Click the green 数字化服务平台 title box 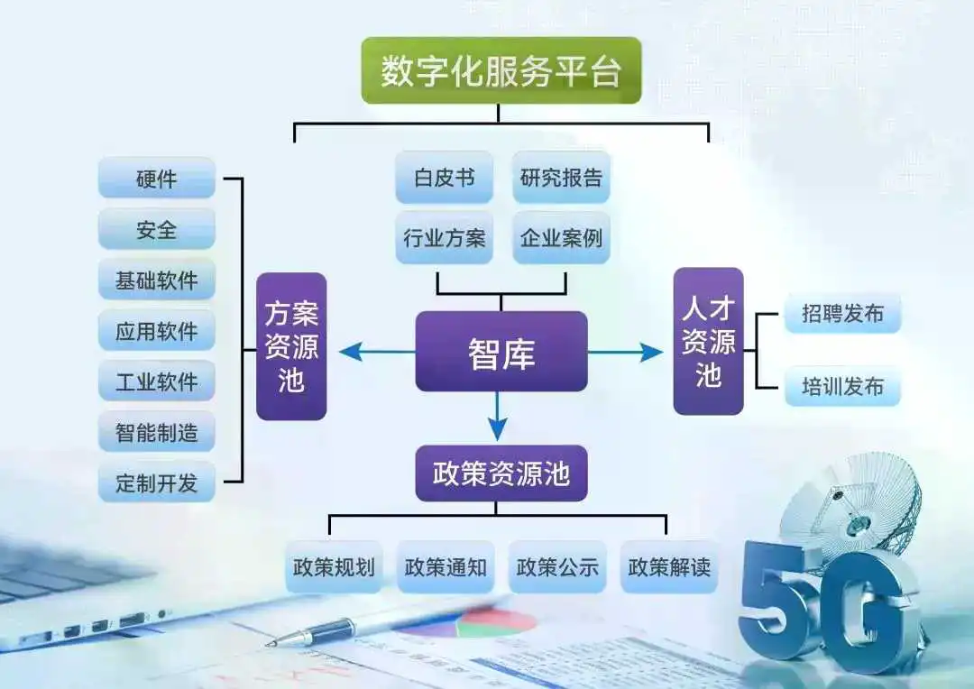[501, 70]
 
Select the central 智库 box [501, 353]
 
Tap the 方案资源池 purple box [291, 346]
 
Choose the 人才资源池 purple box [708, 341]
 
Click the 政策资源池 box [501, 473]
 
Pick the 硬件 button [157, 179]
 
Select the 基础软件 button [157, 280]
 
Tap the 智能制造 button [157, 431]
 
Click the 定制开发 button [157, 482]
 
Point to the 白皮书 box [444, 178]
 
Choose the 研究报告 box [561, 178]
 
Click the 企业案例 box [561, 237]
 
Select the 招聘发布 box [843, 313]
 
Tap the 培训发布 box [843, 386]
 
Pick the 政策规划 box [334, 566]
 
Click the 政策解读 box [669, 566]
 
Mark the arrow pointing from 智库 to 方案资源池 [377, 353]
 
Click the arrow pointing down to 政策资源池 [498, 417]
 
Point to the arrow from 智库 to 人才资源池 [625, 353]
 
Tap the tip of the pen [267, 644]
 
